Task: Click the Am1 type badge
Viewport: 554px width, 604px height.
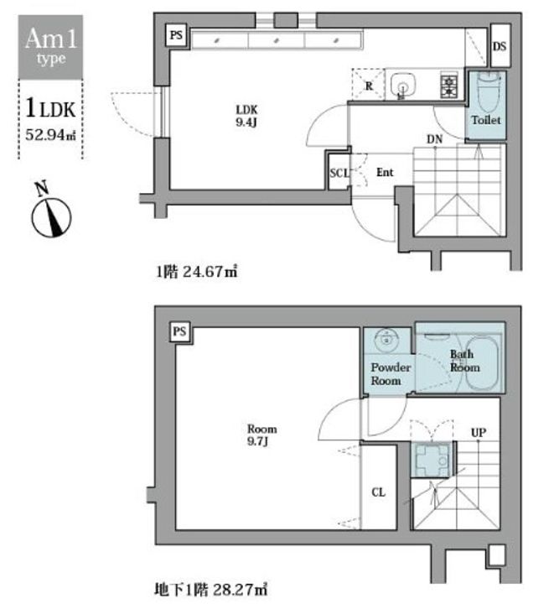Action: click(x=50, y=47)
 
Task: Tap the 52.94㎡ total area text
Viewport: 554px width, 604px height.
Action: click(x=50, y=134)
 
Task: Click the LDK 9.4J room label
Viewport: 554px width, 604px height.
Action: click(x=246, y=116)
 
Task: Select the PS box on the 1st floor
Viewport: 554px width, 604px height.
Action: click(x=176, y=35)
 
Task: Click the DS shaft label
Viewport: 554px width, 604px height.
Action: click(x=500, y=46)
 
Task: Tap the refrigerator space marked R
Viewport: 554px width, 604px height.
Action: click(x=369, y=85)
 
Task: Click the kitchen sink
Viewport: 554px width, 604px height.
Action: click(x=403, y=85)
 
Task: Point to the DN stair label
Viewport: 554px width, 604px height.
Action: click(x=434, y=139)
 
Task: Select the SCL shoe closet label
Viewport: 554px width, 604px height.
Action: click(x=339, y=173)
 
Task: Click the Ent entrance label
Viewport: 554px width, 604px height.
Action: click(x=385, y=172)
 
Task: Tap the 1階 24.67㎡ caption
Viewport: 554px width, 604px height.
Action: click(x=197, y=272)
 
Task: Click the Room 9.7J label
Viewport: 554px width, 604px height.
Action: click(x=261, y=435)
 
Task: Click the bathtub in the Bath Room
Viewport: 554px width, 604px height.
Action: click(x=482, y=363)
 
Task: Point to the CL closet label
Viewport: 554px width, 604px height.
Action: click(x=379, y=492)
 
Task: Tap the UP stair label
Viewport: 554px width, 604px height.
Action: click(x=479, y=433)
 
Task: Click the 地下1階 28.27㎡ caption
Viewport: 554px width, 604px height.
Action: click(x=211, y=589)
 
